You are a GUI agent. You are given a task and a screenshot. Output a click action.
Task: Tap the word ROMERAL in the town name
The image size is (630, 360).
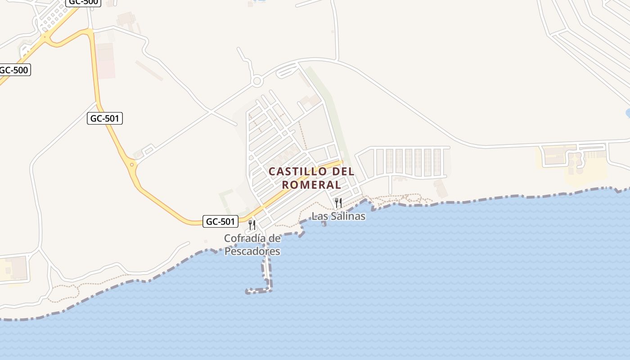[311, 184]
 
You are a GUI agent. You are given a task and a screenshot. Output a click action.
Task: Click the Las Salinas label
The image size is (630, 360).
[338, 216]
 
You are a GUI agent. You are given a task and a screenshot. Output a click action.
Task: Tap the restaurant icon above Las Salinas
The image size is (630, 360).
[338, 203]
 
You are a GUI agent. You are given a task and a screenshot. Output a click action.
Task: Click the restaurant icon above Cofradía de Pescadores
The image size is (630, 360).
[252, 225]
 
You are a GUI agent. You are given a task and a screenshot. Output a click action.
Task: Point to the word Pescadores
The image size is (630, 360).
[252, 252]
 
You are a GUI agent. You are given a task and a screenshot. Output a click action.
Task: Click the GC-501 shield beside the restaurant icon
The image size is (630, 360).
[220, 221]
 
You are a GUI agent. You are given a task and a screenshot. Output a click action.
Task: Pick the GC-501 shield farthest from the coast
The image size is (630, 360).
[105, 118]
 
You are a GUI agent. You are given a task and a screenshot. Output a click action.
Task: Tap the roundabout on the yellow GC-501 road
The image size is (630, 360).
[131, 165]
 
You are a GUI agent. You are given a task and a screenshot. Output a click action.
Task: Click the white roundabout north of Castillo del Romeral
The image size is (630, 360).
[257, 81]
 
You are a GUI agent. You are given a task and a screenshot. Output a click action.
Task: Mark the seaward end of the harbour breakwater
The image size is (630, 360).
[248, 292]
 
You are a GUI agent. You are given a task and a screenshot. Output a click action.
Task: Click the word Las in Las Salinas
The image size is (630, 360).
[319, 216]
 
